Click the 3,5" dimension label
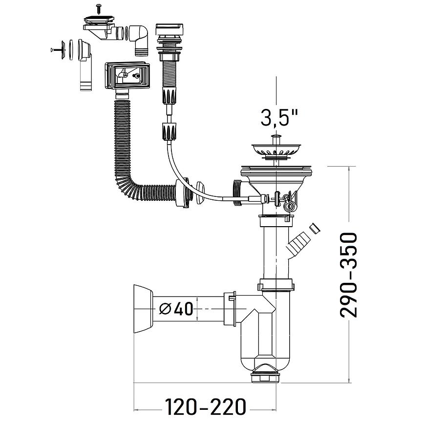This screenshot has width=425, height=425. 279,117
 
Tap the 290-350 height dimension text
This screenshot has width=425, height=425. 349,275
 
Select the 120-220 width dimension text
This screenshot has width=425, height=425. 206,406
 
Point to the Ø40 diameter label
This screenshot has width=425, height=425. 176,309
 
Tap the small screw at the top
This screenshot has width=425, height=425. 98,9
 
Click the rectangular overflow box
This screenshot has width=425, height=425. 127,76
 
